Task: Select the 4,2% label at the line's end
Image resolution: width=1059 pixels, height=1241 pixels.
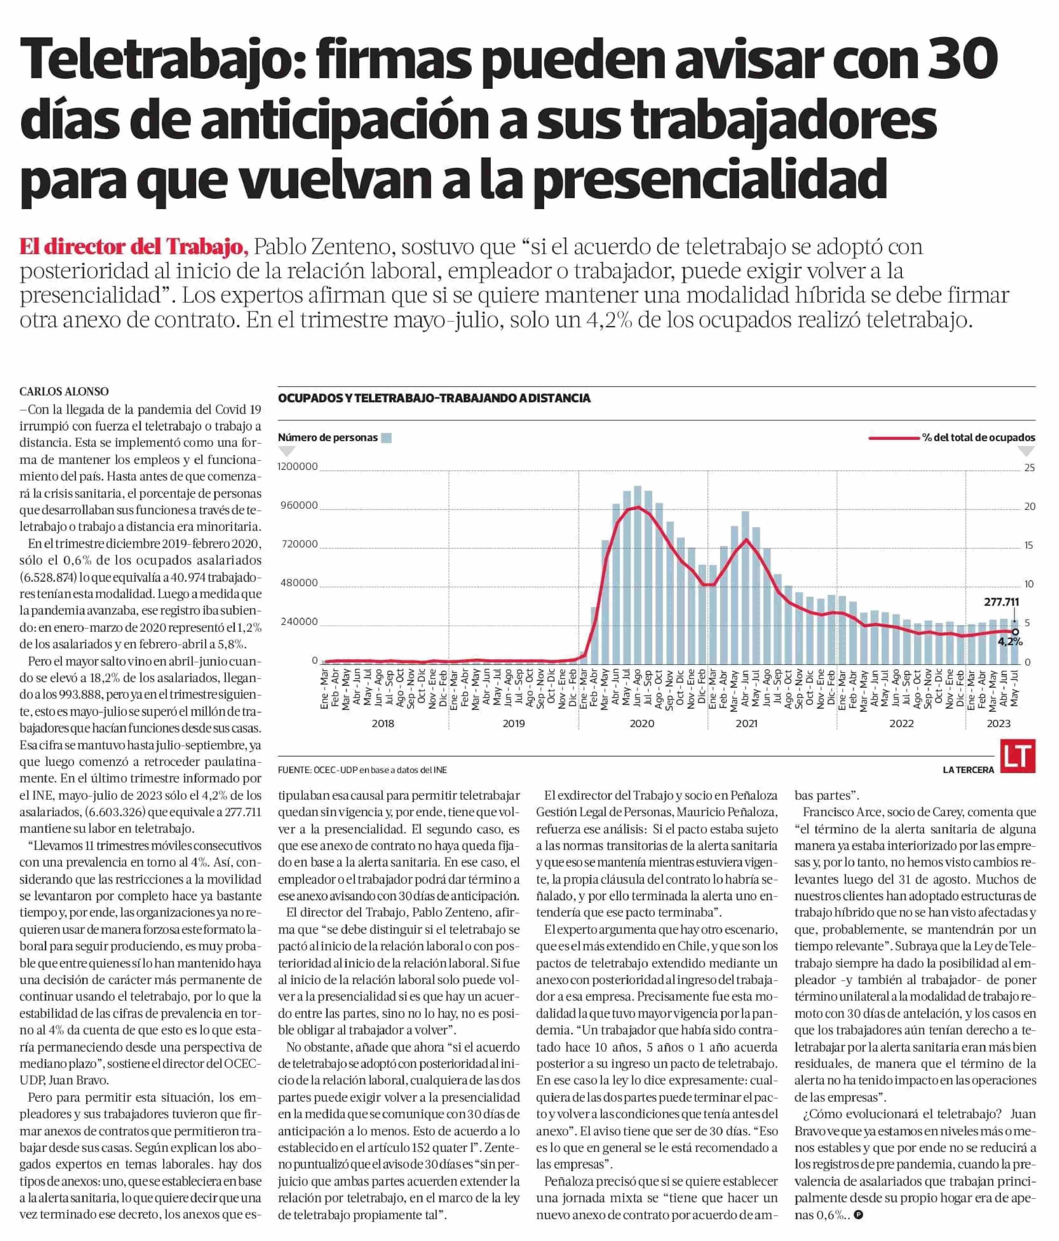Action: [1010, 641]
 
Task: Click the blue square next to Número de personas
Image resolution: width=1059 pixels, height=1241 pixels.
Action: [387, 438]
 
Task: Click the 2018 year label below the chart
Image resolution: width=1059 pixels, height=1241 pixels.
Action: [383, 724]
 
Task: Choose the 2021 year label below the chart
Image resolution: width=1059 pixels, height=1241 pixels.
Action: [747, 724]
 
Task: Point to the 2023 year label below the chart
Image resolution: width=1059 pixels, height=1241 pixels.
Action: [998, 724]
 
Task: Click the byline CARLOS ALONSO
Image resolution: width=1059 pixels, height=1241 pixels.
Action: [64, 392]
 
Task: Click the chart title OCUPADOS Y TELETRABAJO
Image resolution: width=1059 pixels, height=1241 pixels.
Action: [434, 398]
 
